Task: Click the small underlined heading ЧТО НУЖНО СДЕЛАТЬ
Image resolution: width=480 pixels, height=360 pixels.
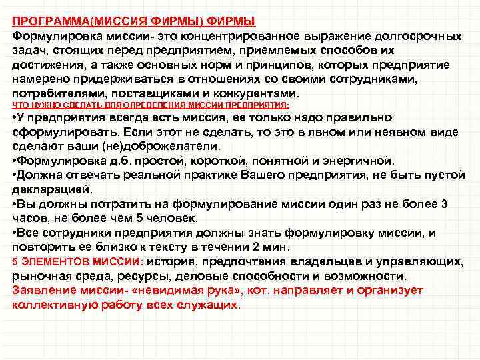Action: pyautogui.click(x=53, y=105)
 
